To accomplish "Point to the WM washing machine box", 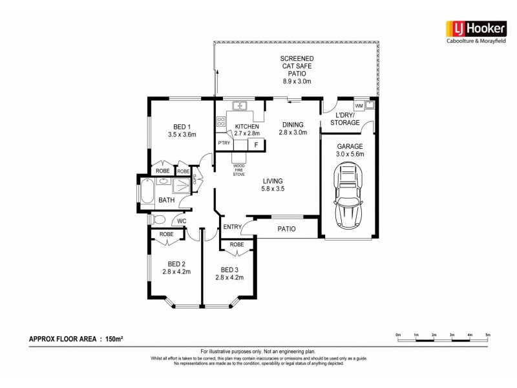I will [x=359, y=105].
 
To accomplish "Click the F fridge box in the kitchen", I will [x=256, y=144].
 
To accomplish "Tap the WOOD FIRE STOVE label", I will [x=238, y=169].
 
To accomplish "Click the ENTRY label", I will [x=232, y=226].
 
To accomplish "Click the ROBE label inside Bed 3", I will [x=237, y=245].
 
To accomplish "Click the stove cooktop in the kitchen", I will [x=221, y=121].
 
